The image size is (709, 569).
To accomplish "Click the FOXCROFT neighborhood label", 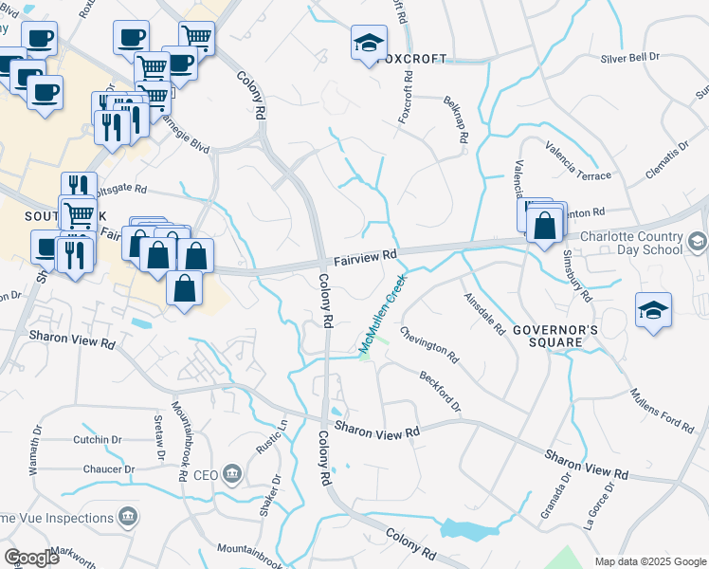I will pos(411,59).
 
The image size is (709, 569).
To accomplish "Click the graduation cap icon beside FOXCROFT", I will pos(369,44).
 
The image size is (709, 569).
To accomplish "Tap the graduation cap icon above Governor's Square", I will pos(653,311).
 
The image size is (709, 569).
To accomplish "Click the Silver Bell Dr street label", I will pos(629,58).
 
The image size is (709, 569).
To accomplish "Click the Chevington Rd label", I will pos(428,345).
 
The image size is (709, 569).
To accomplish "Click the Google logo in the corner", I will pos(31,558).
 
